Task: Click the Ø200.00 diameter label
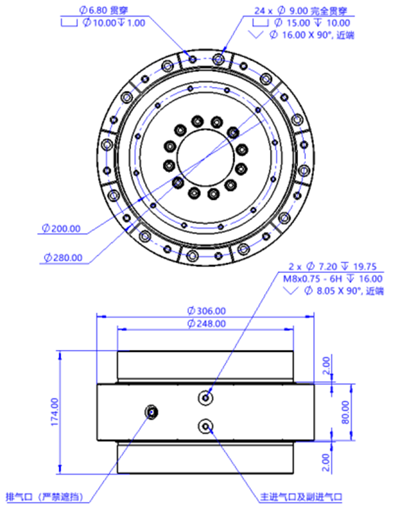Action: tap(61, 228)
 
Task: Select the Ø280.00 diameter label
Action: tap(63, 258)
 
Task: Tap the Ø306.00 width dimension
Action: tap(206, 311)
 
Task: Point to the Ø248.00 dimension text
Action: tap(206, 324)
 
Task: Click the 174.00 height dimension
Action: tap(55, 412)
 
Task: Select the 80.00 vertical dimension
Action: tap(346, 412)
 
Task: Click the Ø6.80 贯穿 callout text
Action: tap(104, 10)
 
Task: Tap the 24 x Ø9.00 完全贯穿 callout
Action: tap(301, 11)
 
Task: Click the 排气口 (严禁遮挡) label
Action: tap(45, 497)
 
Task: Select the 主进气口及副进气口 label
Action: tap(301, 497)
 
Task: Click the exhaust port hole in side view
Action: tap(152, 412)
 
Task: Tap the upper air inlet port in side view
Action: tap(205, 398)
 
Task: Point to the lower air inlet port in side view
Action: tap(205, 426)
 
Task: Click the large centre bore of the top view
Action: tap(205, 157)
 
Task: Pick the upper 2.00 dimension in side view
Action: tap(326, 365)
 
